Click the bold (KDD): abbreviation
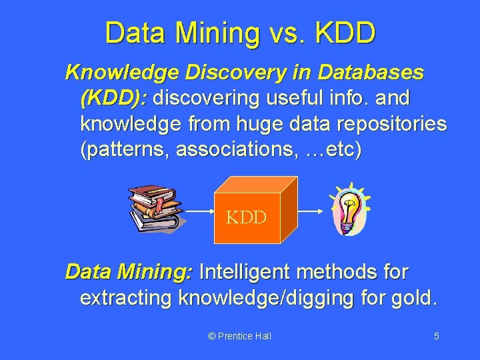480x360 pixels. click(x=114, y=98)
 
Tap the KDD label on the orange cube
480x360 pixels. click(x=246, y=217)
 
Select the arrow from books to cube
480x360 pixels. click(x=197, y=209)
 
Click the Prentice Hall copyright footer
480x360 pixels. click(x=239, y=336)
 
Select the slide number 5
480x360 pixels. click(x=436, y=336)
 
